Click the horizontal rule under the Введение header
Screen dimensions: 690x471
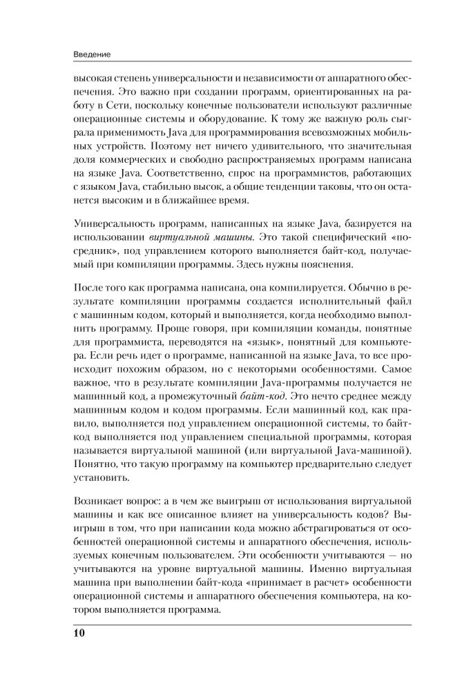pos(235,63)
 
